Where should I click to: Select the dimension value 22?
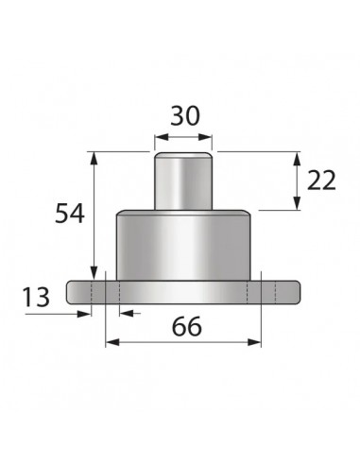coord(321,179)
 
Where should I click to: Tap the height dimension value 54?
coord(68,214)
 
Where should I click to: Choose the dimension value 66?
coord(187,327)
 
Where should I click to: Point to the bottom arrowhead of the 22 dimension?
coord(299,201)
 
